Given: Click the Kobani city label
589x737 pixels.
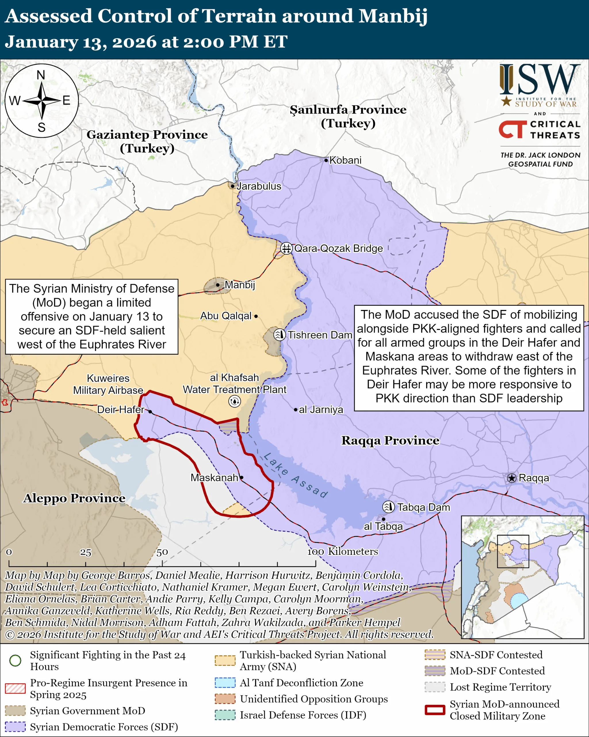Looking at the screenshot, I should (345, 160).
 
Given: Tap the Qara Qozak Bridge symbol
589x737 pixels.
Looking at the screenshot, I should (286, 248).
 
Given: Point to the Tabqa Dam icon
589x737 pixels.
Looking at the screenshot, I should (389, 507).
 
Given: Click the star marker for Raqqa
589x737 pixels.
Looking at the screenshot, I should (511, 478).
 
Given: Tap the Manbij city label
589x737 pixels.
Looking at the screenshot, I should (240, 284).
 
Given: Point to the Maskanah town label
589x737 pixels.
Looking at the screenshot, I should (214, 478).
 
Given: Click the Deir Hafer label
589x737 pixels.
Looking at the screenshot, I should (121, 409).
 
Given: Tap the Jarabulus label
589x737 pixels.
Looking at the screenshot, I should (259, 186).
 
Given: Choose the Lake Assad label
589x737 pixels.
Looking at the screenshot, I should (296, 475).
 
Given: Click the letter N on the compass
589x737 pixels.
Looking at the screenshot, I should (41, 75).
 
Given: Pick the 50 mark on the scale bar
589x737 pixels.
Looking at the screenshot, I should (162, 552).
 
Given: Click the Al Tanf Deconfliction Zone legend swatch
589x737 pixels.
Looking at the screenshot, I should (225, 683).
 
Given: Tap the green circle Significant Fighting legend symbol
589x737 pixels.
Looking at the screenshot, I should (15, 660).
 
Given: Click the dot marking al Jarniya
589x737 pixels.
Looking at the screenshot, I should (296, 409).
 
